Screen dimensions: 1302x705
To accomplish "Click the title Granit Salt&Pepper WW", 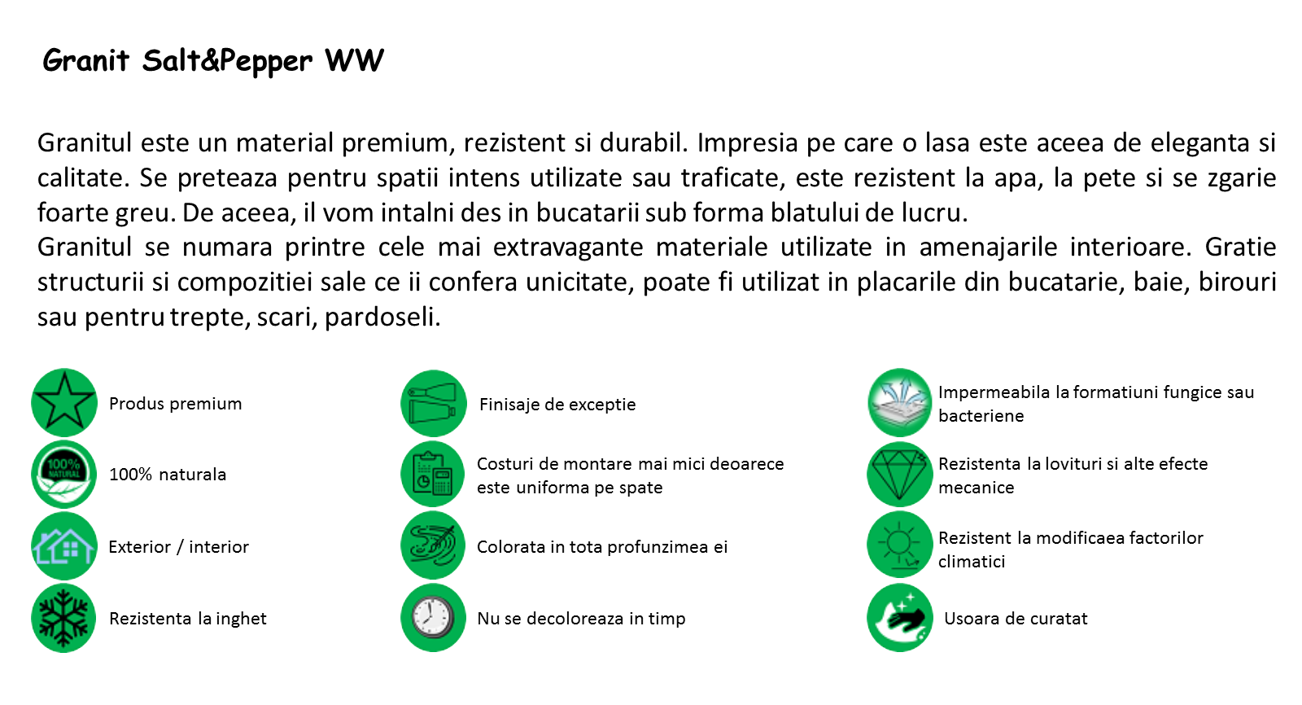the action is coord(213,60).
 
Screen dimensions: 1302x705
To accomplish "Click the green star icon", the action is coord(64,402).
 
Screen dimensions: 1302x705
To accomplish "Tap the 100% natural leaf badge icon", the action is coord(64,474).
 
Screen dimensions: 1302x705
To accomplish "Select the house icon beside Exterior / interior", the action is coord(64,545).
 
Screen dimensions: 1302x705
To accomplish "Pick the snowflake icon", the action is coord(64,618).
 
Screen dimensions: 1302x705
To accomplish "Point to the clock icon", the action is coord(433,617).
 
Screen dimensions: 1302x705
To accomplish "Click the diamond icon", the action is coord(900,475).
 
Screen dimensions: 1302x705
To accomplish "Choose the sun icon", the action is coord(900,545).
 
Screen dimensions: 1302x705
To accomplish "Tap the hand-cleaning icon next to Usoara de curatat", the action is coord(900,617).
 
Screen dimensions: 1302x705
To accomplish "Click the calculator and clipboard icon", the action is coord(433,474).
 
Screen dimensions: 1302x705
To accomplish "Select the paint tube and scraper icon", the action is coord(433,403).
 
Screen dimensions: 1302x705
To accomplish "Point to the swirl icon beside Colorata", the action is coord(433,545).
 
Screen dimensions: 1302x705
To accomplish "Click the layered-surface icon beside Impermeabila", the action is coord(900,402).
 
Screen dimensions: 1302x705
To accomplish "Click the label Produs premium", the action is coord(176,404).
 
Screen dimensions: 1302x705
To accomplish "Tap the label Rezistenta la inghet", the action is coord(188,619).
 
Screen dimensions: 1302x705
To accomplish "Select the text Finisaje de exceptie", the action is coord(557,405).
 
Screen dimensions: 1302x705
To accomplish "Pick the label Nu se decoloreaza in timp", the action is coord(581,619).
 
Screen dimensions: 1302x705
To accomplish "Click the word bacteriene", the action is coord(981,416).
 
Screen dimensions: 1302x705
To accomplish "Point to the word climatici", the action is coord(972,562).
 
